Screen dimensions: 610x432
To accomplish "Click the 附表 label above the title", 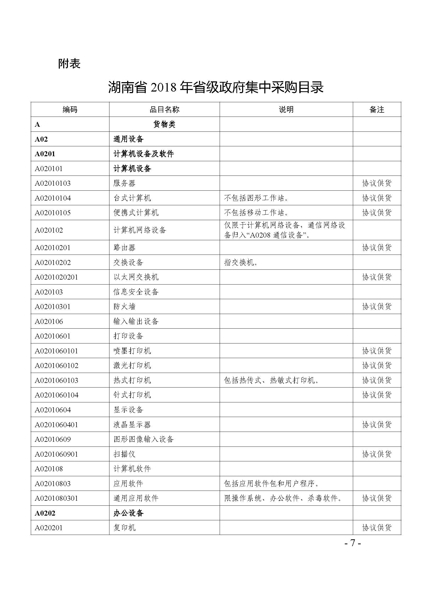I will (x=69, y=64).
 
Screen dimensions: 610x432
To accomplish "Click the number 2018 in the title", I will (x=163, y=88).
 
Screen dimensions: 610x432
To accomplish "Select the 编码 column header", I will (x=70, y=110).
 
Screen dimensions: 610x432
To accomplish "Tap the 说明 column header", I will (x=286, y=110).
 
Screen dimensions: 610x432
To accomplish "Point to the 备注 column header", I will (x=377, y=110).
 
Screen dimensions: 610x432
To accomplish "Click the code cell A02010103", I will (x=53, y=183).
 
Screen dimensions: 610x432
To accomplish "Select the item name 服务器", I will (x=124, y=183).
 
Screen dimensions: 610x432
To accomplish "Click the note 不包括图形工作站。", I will (x=257, y=198).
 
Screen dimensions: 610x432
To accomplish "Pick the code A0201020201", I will (x=56, y=277).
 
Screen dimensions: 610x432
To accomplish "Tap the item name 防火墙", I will (x=124, y=307).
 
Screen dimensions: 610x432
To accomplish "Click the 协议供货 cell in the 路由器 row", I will (x=377, y=247).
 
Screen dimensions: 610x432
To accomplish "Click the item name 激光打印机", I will (x=132, y=366).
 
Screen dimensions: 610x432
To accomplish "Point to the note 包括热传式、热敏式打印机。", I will (x=272, y=380).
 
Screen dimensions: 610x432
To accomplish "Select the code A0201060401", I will (x=56, y=425).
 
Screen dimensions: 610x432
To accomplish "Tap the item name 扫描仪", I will (x=124, y=454).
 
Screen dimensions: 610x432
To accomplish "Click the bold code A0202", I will (x=45, y=513).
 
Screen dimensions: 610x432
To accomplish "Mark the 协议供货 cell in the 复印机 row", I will (x=377, y=528).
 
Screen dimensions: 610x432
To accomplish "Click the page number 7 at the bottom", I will (x=353, y=543).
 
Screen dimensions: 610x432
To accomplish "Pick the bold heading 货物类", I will (x=164, y=124).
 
